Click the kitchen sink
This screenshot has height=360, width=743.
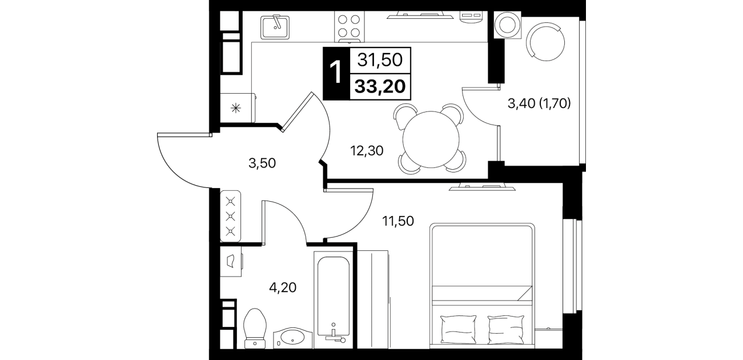click(275, 27)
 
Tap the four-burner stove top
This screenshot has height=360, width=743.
click(350, 26)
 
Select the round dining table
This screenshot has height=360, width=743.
click(431, 139)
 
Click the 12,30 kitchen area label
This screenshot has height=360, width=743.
click(367, 151)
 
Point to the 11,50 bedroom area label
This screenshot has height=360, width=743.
click(398, 221)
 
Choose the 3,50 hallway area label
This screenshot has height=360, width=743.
click(262, 163)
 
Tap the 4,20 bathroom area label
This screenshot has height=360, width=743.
click(283, 287)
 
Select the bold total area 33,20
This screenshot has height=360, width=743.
click(380, 87)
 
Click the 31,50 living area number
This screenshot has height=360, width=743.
click(380, 60)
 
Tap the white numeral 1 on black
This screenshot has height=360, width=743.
click(336, 74)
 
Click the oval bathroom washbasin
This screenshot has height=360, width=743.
click(292, 338)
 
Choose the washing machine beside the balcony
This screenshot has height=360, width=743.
click(507, 25)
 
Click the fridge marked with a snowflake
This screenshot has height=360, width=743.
click(238, 107)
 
